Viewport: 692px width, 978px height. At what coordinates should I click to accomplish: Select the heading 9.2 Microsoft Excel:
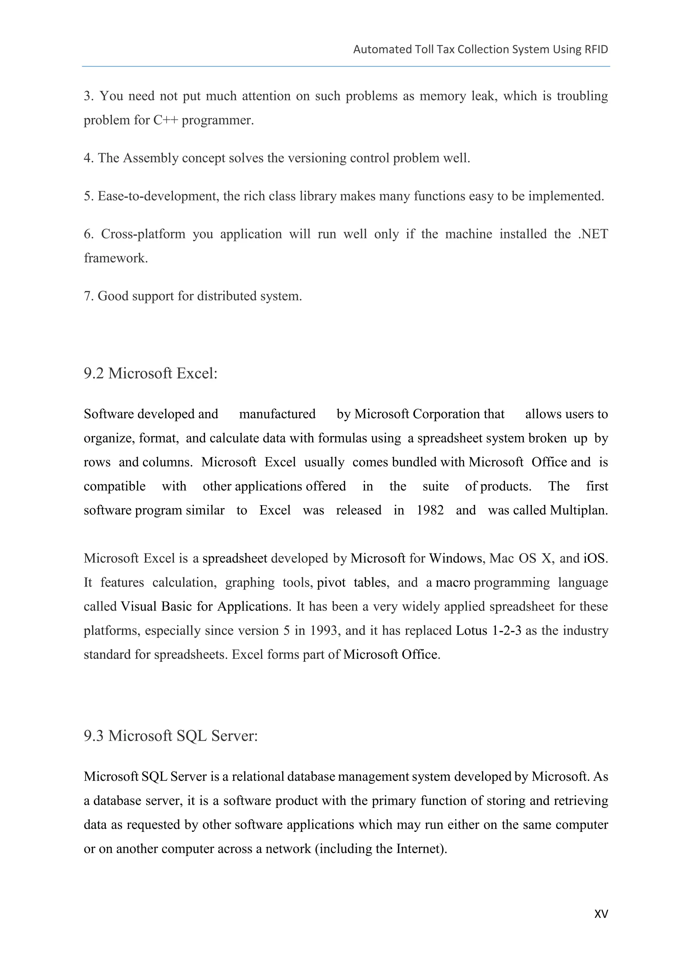[150, 374]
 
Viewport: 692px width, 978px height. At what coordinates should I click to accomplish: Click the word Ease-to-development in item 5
[158, 196]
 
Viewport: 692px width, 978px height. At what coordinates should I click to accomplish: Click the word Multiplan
[579, 510]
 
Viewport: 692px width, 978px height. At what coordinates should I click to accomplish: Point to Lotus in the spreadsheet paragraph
[471, 630]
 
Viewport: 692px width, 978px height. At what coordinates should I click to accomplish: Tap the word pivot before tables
[331, 583]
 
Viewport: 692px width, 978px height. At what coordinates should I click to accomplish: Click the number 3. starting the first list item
[88, 96]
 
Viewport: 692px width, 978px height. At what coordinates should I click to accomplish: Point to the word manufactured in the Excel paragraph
[277, 414]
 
